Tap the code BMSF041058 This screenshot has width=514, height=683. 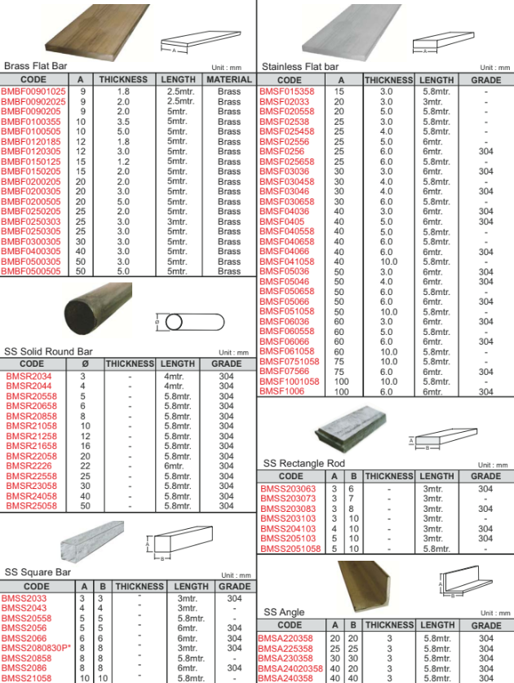[x=286, y=262]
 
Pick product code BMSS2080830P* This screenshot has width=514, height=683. [x=36, y=648]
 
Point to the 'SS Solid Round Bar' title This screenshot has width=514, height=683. [x=49, y=351]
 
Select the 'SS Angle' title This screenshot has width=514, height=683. [x=284, y=612]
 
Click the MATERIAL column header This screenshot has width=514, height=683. [x=229, y=80]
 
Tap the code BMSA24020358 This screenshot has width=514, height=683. [x=290, y=668]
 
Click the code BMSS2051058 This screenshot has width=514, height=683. [x=290, y=549]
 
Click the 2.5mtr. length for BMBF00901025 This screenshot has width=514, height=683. [x=179, y=91]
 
